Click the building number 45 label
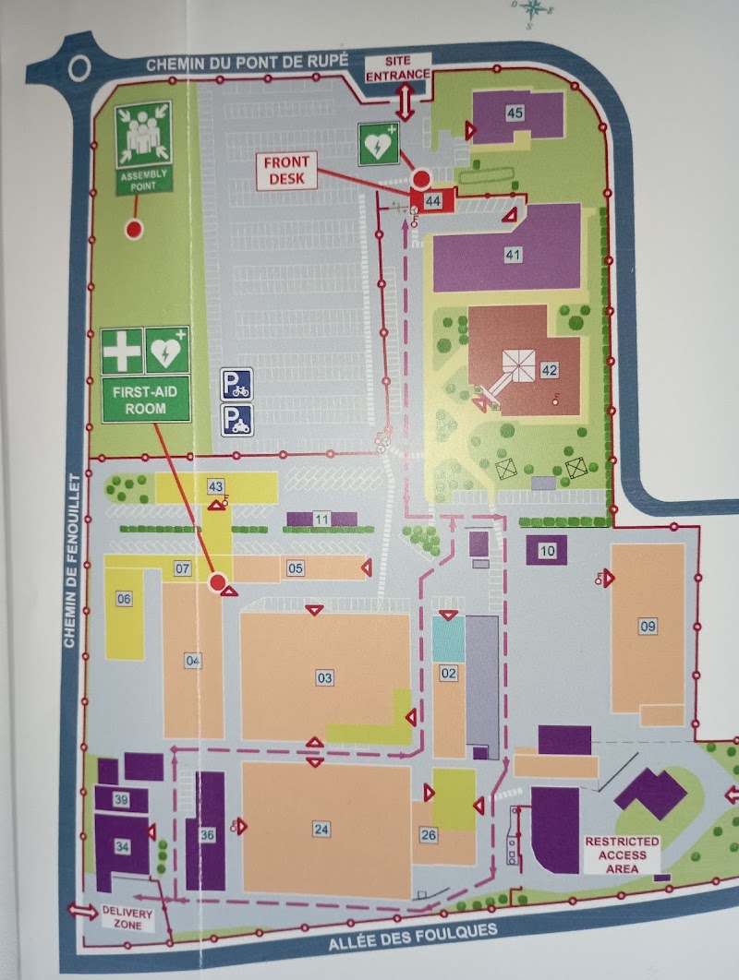tap(515, 112)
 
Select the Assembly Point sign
tap(143, 147)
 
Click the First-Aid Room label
tap(146, 399)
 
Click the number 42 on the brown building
tap(550, 370)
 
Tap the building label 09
tap(648, 627)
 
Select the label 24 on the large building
tap(321, 829)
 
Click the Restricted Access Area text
tap(622, 855)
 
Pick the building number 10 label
tap(547, 552)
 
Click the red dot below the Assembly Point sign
tap(133, 228)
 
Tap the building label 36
tap(207, 835)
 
